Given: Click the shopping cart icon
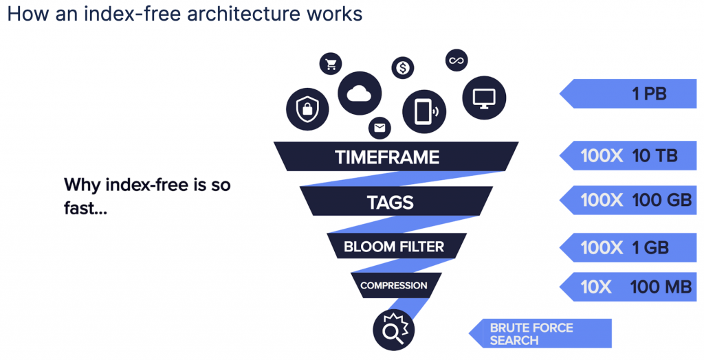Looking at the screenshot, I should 331,65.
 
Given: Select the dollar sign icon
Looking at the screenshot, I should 403,67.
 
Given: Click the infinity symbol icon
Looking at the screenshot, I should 457,60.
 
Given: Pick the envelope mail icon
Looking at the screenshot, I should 379,128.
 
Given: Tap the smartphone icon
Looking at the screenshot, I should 425,110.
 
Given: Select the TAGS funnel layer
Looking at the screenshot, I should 390,202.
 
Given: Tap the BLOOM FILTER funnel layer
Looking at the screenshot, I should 394,246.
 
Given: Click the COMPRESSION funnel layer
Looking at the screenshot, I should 393,285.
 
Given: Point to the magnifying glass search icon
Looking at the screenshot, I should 393,330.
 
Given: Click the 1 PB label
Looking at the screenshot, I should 649,94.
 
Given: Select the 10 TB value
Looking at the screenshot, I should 654,156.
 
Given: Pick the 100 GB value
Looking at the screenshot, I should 661,201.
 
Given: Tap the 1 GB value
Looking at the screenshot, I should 650,247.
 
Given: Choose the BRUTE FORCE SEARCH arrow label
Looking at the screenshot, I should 540,334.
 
